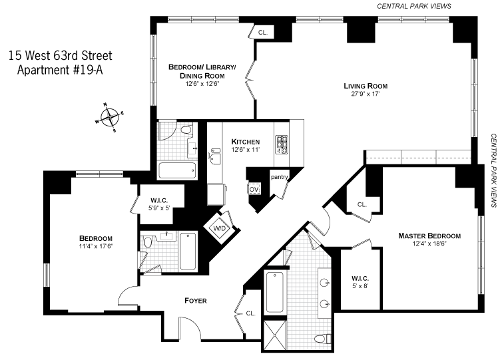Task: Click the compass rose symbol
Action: click(109, 117)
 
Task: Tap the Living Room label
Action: click(366, 86)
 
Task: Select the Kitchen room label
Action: click(245, 142)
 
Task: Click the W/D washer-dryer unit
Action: click(220, 228)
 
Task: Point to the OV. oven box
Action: click(254, 189)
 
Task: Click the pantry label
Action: click(280, 177)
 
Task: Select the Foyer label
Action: click(196, 300)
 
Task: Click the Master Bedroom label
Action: click(429, 236)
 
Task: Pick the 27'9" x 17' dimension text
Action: click(366, 94)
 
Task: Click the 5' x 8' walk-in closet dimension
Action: click(360, 286)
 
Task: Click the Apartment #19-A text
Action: click(60, 70)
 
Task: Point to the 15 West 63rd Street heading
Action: click(61, 55)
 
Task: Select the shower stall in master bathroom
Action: click(274, 335)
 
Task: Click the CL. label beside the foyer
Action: click(250, 313)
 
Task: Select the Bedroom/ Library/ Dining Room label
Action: click(202, 71)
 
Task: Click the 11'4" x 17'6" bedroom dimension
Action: click(96, 246)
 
